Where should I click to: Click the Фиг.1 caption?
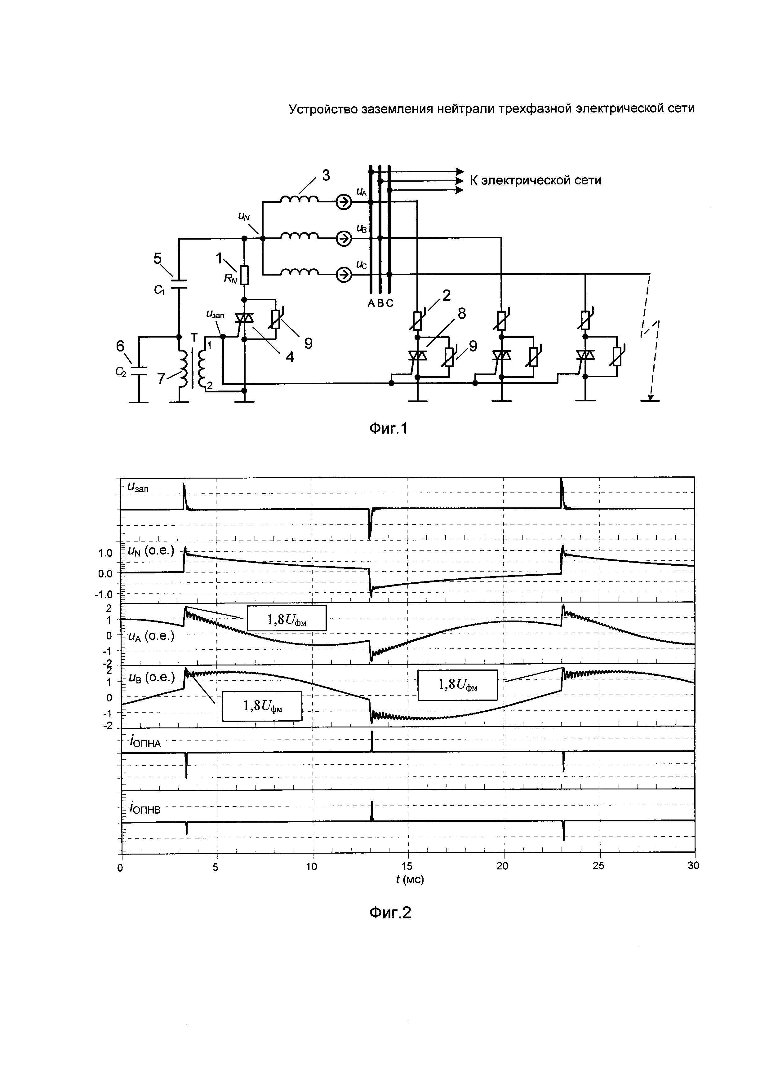click(388, 428)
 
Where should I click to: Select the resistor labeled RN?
click(244, 275)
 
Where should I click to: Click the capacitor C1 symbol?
click(179, 284)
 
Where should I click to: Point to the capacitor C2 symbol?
click(139, 370)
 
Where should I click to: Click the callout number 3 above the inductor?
click(326, 175)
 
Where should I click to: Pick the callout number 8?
click(461, 313)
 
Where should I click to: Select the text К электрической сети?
click(535, 180)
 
